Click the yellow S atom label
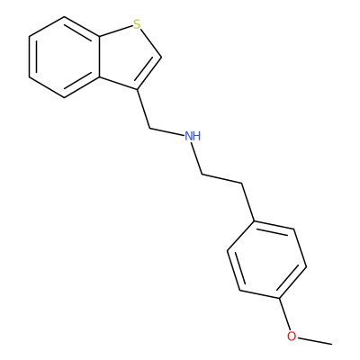coord(137,24)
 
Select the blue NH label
coord(193,137)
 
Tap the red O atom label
coord(292,337)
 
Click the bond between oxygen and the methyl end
coord(314,340)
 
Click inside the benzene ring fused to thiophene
coord(65,57)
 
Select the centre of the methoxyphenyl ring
coord(266,260)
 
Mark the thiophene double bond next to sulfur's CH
coord(149,73)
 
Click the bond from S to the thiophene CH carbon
coord(151,43)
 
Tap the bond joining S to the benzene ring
coord(116,31)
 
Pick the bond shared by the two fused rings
coord(100,57)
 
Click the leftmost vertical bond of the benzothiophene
coord(29,57)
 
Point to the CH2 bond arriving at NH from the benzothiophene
coord(166,133)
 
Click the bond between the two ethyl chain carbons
coord(221,178)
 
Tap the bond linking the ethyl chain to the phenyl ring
coord(248,202)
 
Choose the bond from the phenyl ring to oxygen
coord(284,315)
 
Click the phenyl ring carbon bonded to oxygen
coord(280,299)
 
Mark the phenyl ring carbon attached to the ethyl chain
coord(255,221)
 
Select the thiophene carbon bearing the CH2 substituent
coord(138,89)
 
